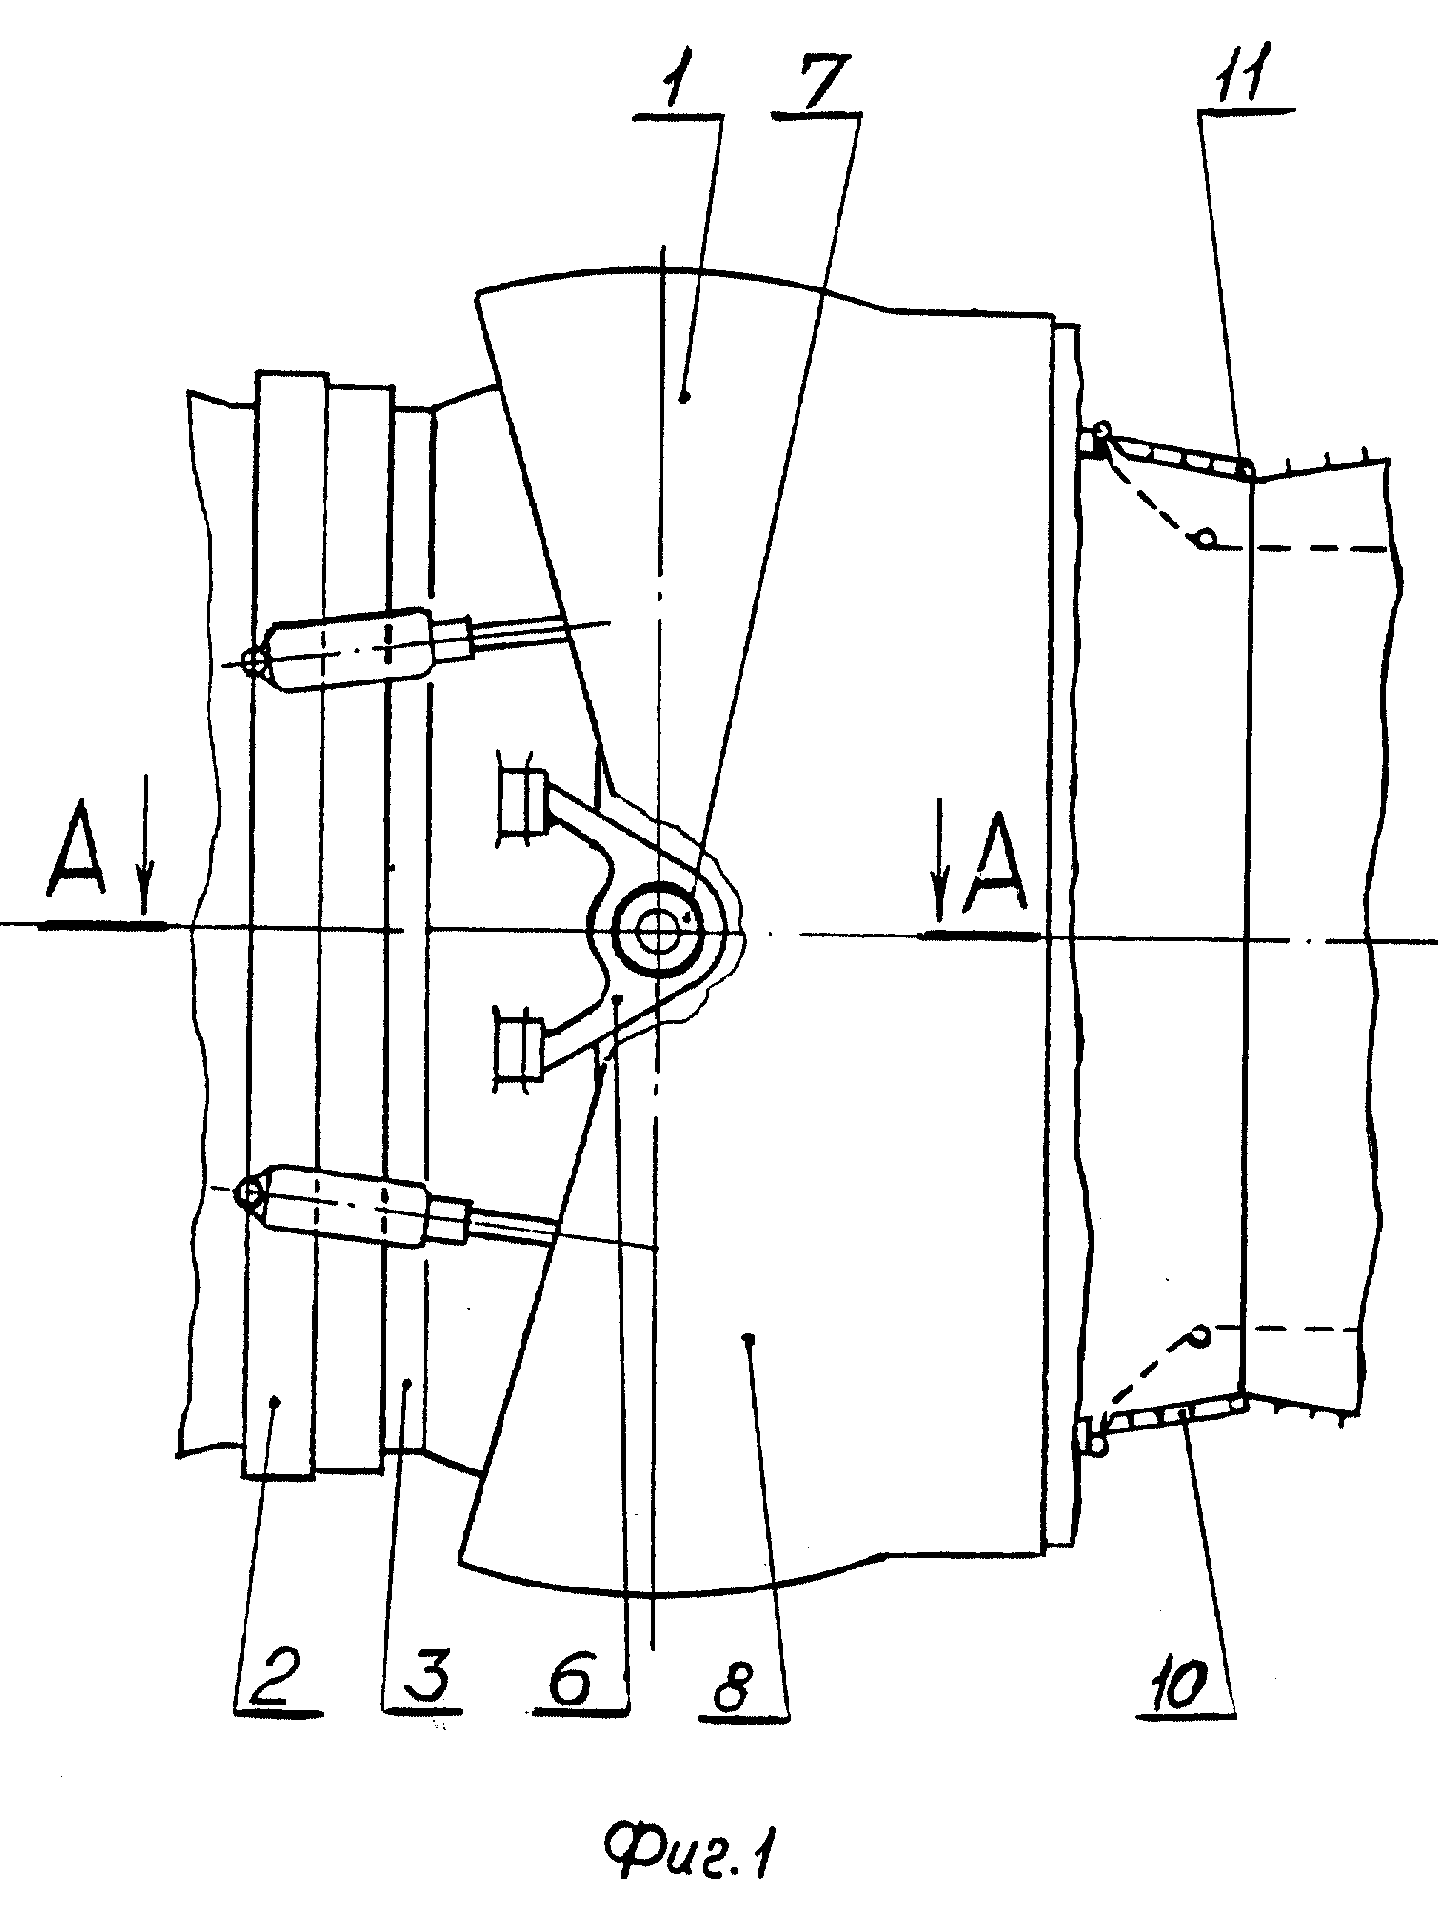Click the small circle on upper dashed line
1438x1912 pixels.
tap(1206, 540)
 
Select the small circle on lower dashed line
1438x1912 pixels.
tap(1200, 1334)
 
